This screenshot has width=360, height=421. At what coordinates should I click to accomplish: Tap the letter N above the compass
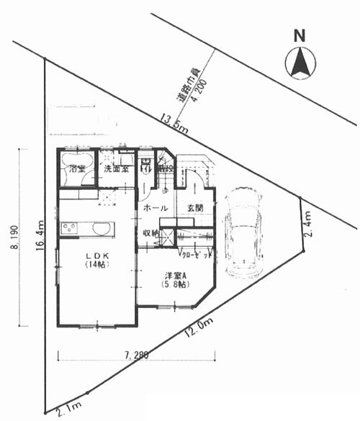click(300, 35)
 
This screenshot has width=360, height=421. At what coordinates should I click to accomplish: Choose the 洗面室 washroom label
click(115, 170)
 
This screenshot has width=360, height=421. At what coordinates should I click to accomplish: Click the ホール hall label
click(156, 208)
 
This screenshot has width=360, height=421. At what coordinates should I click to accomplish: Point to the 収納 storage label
click(150, 232)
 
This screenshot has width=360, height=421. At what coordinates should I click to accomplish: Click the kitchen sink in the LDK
click(103, 230)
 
